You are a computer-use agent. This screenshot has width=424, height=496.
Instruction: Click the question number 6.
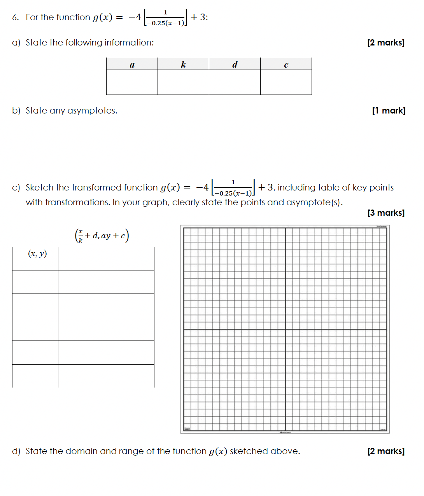pyautogui.click(x=15, y=17)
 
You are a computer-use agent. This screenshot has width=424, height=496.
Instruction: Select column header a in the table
pyautogui.click(x=132, y=65)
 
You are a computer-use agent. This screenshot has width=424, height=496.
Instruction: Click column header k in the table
pyautogui.click(x=183, y=65)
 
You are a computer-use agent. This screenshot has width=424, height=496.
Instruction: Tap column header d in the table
pyautogui.click(x=235, y=65)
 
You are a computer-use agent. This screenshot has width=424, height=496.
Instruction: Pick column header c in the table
pyautogui.click(x=286, y=65)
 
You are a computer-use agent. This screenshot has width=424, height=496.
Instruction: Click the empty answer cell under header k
pyautogui.click(x=183, y=82)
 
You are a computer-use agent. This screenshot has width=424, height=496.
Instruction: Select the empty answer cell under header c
pyautogui.click(x=286, y=82)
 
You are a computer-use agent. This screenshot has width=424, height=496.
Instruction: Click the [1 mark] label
pyautogui.click(x=388, y=111)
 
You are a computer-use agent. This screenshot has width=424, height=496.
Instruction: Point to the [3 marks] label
pyautogui.click(x=385, y=213)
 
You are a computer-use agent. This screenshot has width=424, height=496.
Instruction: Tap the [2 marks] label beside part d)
pyautogui.click(x=385, y=451)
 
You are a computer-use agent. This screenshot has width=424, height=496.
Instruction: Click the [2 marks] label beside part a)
pyautogui.click(x=385, y=43)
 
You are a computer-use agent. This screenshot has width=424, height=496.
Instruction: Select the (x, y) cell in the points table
pyautogui.click(x=37, y=254)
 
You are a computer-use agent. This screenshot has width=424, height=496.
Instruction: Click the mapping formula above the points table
pyautogui.click(x=102, y=236)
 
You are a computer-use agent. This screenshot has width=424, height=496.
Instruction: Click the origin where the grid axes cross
pyautogui.click(x=286, y=330)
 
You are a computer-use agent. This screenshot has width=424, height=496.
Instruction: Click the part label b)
pyautogui.click(x=16, y=111)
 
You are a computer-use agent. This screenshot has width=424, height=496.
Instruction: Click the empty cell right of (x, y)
pyautogui.click(x=106, y=259)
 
